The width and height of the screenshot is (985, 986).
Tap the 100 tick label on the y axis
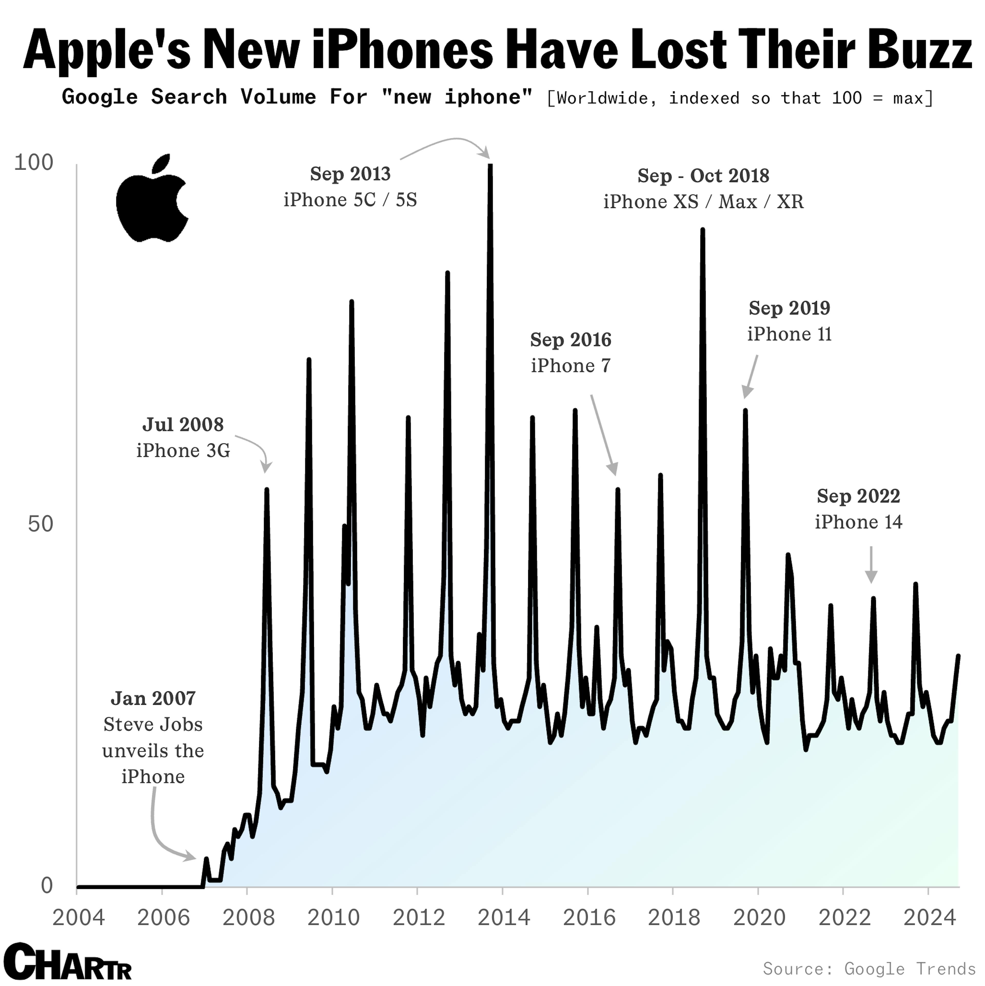pyautogui.click(x=34, y=163)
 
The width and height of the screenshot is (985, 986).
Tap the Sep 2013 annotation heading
pyautogui.click(x=350, y=174)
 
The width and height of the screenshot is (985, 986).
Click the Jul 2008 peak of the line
pyautogui.click(x=267, y=490)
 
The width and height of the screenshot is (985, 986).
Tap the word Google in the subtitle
pyautogui.click(x=100, y=97)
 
